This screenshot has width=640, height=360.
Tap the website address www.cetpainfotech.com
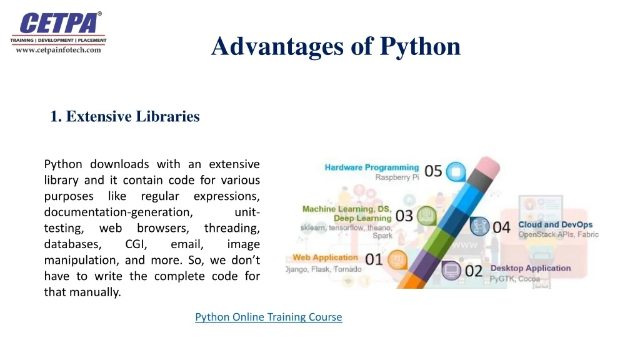(58, 50)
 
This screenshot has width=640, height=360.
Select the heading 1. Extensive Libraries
(125, 116)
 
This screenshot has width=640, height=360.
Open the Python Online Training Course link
(269, 317)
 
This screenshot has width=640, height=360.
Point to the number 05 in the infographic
(433, 171)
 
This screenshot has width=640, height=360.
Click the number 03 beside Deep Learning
(404, 216)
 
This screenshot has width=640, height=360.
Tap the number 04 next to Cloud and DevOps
(502, 227)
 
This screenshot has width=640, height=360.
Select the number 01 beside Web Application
(374, 259)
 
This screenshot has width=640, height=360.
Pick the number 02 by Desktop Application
(474, 271)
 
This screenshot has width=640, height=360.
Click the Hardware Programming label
(371, 167)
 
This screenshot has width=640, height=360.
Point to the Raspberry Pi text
(396, 177)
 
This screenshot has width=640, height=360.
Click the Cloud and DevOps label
(555, 224)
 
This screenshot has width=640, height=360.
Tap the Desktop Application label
(530, 268)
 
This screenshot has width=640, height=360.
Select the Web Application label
(324, 257)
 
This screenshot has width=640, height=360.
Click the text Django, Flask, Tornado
(323, 269)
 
